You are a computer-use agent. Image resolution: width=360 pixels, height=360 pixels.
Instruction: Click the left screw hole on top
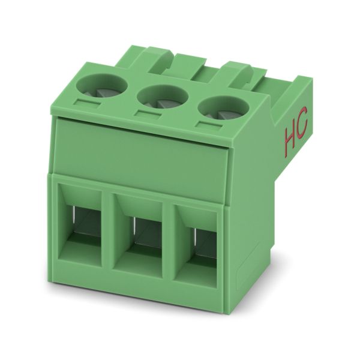[102, 86]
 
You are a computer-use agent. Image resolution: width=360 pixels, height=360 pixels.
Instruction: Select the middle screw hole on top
[163, 98]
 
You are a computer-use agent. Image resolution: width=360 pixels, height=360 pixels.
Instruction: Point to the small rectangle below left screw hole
[87, 103]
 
